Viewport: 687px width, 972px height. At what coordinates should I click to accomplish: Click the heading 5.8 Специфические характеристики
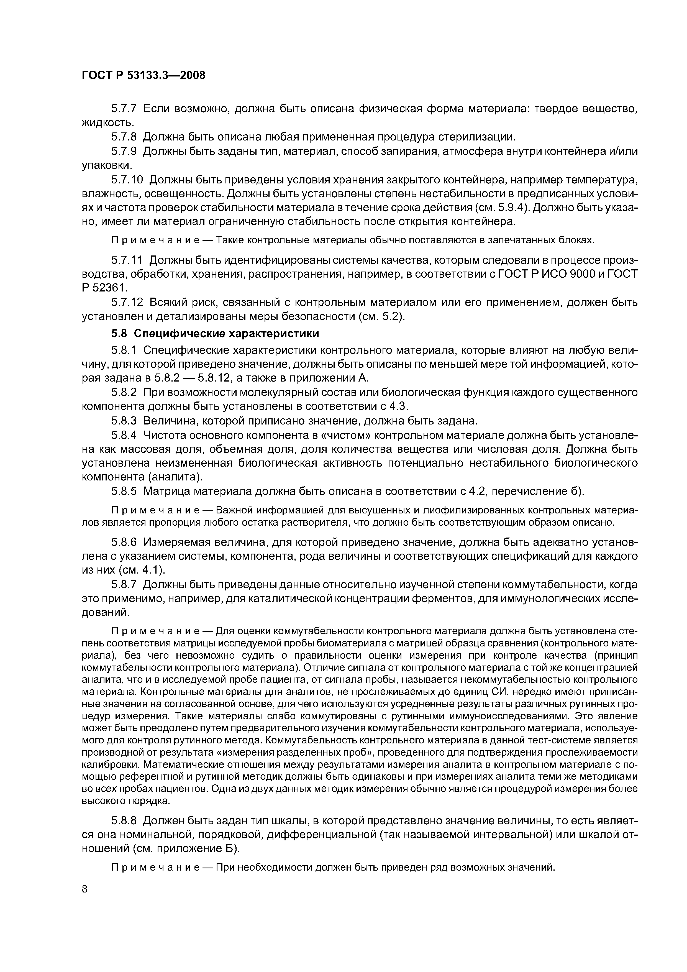pyautogui.click(x=215, y=334)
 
